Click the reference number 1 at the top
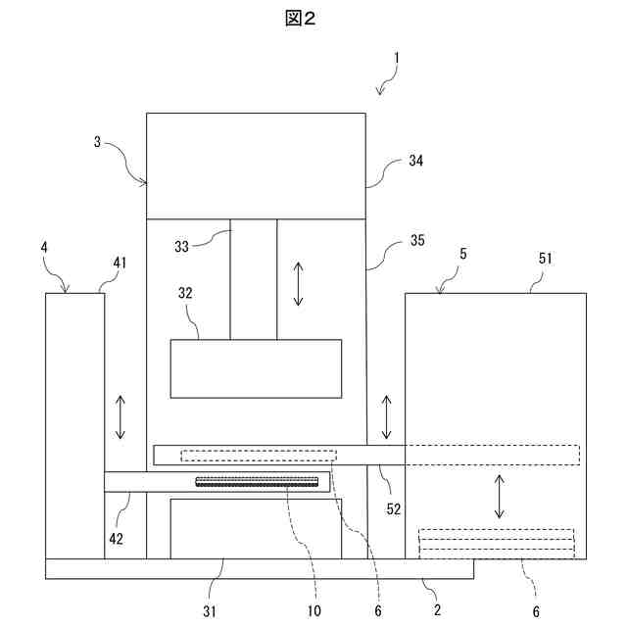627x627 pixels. [396, 58]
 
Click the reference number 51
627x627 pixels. [546, 259]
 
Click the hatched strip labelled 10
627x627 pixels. [258, 481]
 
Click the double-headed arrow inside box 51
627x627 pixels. [500, 497]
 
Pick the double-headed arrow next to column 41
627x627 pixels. [121, 418]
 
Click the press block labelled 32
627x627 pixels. [256, 367]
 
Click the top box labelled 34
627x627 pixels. [256, 165]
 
